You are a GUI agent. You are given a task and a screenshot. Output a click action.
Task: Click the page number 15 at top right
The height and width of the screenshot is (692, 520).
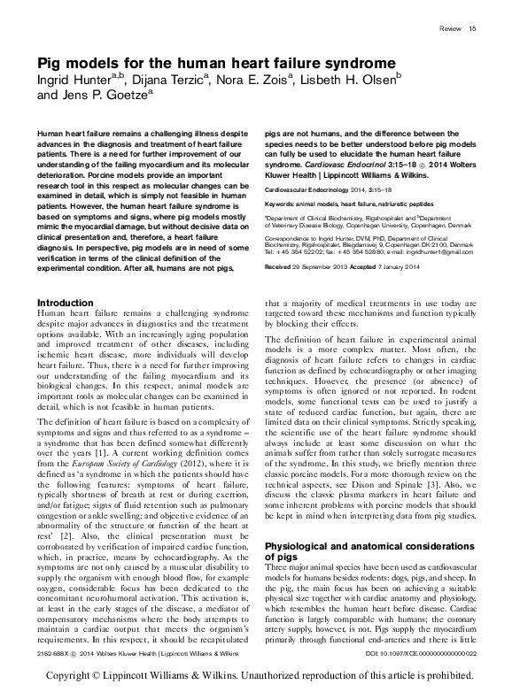473,29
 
